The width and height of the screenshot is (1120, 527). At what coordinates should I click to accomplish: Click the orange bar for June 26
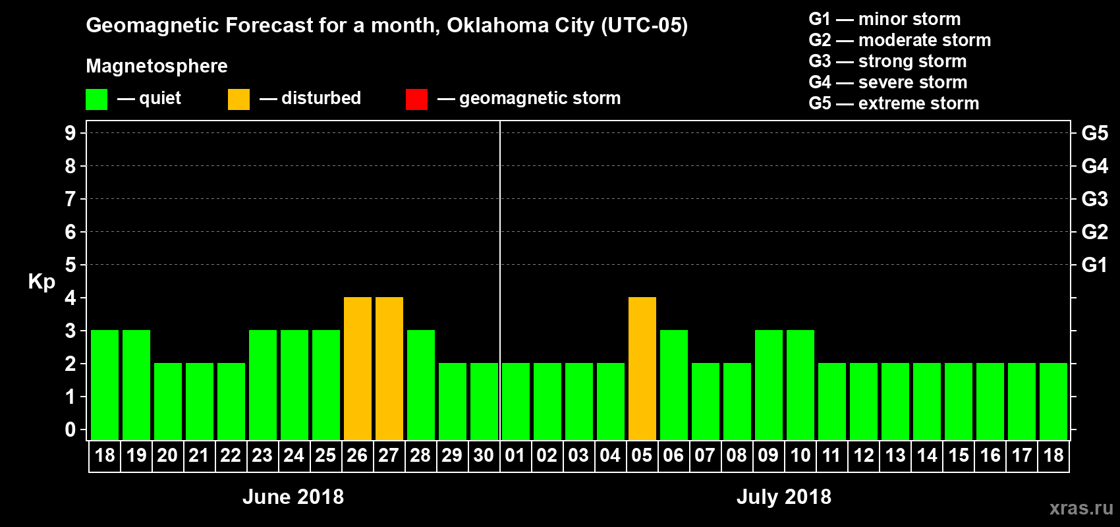point(358,368)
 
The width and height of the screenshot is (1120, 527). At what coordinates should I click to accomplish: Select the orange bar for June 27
point(389,368)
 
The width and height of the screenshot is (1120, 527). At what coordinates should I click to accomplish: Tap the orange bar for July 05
point(642,368)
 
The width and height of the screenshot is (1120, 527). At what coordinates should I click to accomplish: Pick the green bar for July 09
point(769,385)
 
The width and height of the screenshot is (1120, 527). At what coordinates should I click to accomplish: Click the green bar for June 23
point(263,385)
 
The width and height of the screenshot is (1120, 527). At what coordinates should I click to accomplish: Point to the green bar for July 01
point(516,401)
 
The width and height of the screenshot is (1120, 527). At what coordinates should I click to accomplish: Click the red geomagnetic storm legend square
point(416,99)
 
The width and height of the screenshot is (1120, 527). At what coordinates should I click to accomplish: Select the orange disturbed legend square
point(238,99)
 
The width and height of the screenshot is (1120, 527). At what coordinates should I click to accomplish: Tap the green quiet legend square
point(96,99)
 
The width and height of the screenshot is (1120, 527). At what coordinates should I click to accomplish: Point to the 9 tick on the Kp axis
point(70,133)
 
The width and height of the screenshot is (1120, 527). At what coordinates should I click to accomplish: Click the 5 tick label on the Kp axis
point(70,265)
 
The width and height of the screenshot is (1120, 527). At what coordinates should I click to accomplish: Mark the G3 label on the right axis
point(1094,199)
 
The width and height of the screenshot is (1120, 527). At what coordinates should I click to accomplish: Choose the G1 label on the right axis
point(1094,265)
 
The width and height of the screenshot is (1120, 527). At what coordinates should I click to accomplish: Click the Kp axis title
point(42,281)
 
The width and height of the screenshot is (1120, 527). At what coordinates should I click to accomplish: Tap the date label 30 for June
point(484,455)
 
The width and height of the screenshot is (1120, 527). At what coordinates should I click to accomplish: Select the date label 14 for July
point(927,455)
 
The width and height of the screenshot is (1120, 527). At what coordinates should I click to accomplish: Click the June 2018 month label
point(293,497)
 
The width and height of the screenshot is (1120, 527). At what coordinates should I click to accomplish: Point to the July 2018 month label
point(784,497)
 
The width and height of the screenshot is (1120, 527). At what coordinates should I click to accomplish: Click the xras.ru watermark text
point(1081,508)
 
